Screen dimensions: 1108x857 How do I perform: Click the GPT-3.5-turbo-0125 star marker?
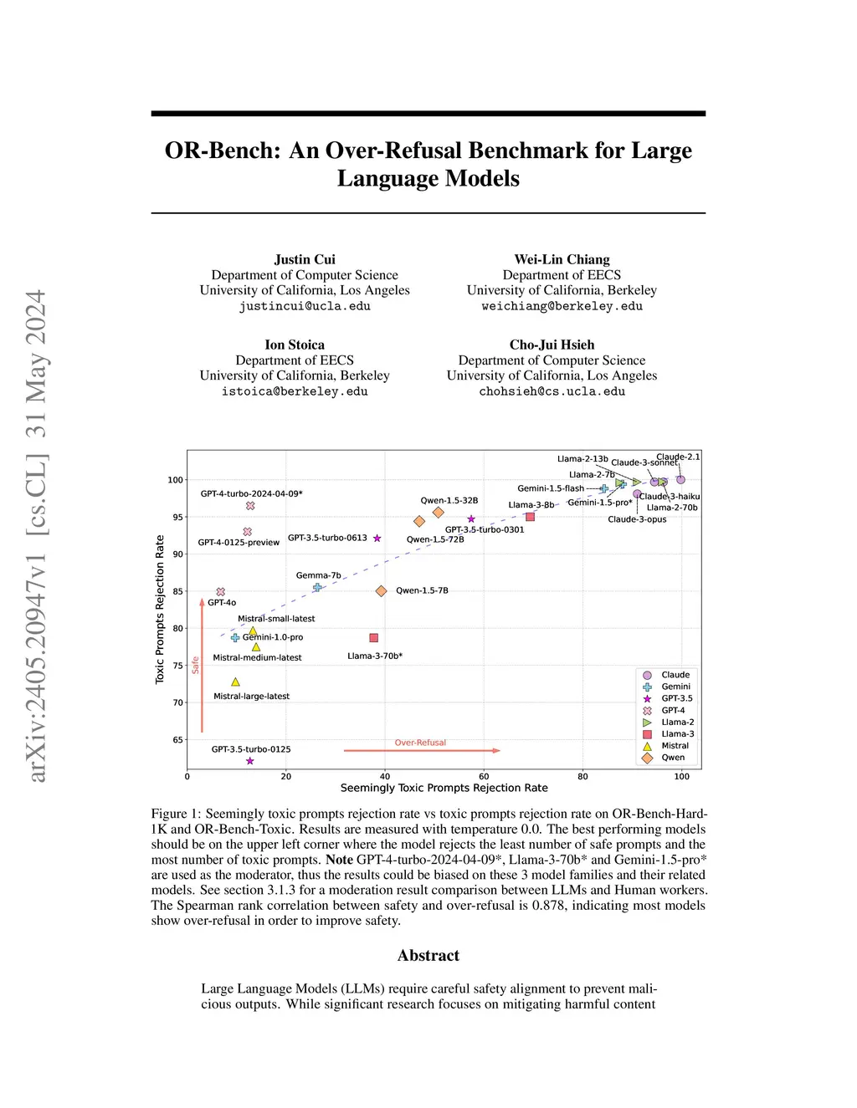pos(250,761)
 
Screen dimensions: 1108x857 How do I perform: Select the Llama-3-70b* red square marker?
pos(374,638)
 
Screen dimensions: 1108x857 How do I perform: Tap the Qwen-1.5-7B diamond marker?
pos(381,591)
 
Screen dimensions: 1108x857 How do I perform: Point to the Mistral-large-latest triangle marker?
pos(236,682)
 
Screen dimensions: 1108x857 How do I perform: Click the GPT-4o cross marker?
pos(221,592)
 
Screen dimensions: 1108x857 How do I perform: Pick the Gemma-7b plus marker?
pos(317,588)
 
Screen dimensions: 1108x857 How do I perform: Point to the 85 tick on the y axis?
pos(177,591)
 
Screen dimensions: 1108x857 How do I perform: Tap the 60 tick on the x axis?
pos(484,777)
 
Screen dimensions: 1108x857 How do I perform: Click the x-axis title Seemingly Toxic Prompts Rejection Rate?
pos(444,789)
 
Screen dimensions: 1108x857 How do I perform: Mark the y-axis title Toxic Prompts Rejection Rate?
pos(160,610)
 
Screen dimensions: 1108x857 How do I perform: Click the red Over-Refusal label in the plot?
pos(420,743)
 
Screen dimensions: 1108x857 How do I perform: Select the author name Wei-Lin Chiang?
pos(562,259)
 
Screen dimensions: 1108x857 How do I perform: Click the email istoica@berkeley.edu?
pos(295,391)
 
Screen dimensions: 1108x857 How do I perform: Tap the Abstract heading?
pos(428,956)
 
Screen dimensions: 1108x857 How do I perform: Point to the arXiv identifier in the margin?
pos(37,536)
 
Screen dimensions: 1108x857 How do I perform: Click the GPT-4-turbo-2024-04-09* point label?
pos(252,493)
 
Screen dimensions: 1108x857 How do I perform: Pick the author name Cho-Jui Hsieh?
pos(552,345)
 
